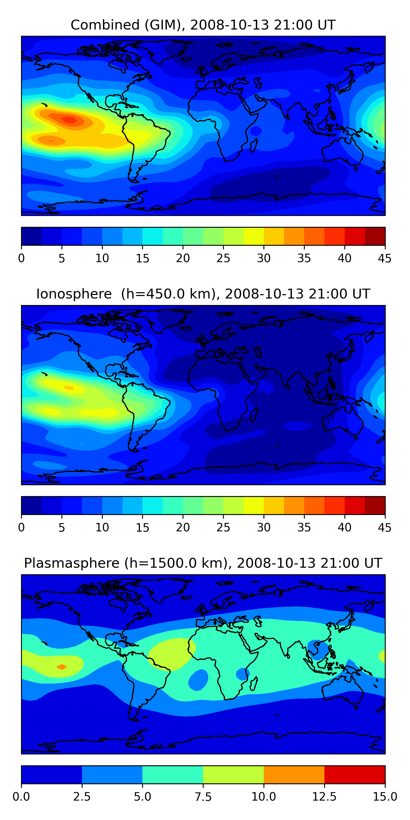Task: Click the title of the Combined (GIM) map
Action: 203,25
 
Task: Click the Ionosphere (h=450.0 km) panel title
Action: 203,294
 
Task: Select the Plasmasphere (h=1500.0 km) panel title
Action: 203,563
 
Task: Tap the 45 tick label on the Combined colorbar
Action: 385,258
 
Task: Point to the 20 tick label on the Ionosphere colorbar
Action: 183,528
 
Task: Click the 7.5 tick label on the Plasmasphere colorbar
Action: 203,796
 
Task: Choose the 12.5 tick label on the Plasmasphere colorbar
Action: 324,796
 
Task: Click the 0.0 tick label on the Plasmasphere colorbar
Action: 21,796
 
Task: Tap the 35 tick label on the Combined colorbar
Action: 304,258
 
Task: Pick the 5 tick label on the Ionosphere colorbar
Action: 62,528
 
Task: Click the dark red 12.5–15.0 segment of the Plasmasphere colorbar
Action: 355,774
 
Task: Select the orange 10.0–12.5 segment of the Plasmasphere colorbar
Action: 294,774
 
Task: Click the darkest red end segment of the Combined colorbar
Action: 375,236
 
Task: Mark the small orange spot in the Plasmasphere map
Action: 62,667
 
